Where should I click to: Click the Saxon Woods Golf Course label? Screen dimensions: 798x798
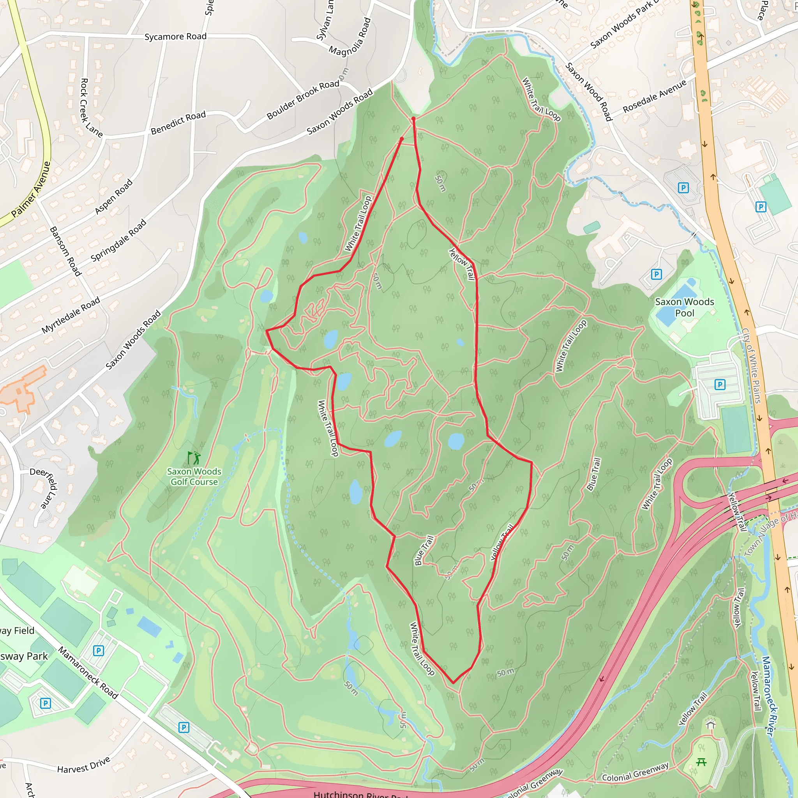pos(194,477)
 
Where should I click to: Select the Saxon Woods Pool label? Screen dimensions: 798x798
pos(684,307)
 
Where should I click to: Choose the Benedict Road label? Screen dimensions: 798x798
pos(178,123)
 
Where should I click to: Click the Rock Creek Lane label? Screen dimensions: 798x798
pos(90,108)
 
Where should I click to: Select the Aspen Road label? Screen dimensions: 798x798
pos(114,197)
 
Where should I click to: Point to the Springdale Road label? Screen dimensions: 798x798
pos(118,240)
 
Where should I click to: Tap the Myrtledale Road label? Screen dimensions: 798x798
pos(71,315)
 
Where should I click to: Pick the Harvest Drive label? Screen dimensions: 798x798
pos(83,764)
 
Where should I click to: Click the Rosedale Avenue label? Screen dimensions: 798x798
pos(654,96)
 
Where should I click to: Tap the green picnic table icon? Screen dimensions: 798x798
pos(701,762)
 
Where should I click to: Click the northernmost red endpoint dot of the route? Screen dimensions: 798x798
pos(413,118)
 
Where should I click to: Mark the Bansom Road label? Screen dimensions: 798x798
pos(65,251)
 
